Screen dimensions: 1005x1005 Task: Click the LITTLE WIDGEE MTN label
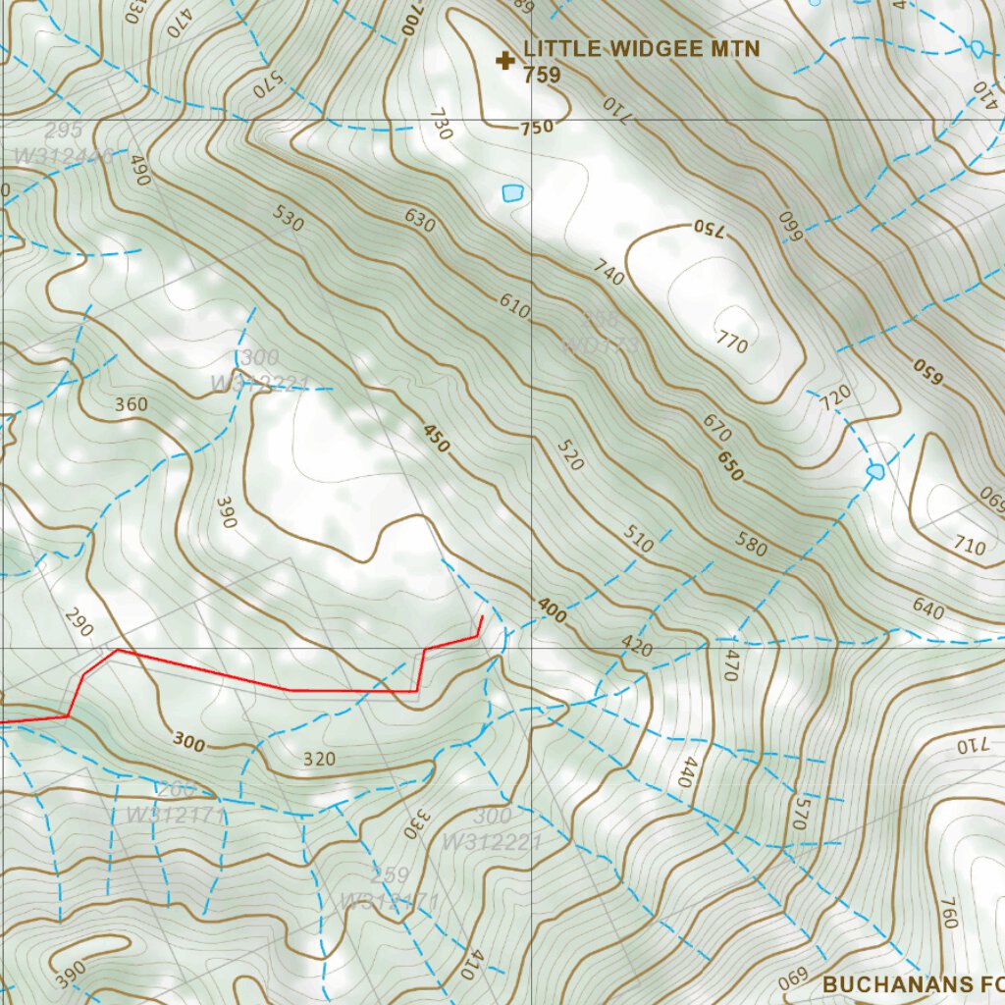pyautogui.click(x=641, y=49)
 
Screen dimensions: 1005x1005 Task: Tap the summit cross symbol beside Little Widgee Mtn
pyautogui.click(x=505, y=62)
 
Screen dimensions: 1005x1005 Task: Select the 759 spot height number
pyautogui.click(x=542, y=75)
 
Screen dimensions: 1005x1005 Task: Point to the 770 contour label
pyautogui.click(x=732, y=343)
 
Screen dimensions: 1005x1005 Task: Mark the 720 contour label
pyautogui.click(x=836, y=397)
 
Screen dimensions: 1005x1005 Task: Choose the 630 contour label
pyautogui.click(x=419, y=221)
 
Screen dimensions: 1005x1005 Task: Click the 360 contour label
pyautogui.click(x=132, y=404)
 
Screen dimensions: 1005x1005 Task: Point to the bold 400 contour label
pyautogui.click(x=552, y=611)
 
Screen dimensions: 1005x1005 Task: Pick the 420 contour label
pyautogui.click(x=637, y=647)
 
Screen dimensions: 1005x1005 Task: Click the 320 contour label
pyautogui.click(x=320, y=759)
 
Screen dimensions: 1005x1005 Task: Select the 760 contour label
pyautogui.click(x=948, y=913)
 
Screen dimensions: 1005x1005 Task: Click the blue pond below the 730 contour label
pyautogui.click(x=512, y=193)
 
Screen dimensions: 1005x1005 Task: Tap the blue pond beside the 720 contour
pyautogui.click(x=875, y=472)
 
